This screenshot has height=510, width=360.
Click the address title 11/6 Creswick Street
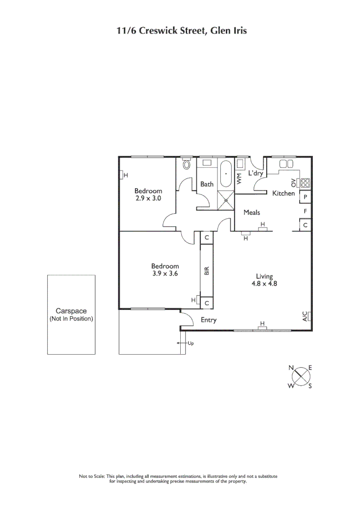(182, 31)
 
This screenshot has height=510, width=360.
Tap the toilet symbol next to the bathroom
(186, 165)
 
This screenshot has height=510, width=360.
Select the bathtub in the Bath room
(226, 175)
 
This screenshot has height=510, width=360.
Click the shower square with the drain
(226, 199)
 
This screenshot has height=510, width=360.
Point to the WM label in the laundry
(239, 178)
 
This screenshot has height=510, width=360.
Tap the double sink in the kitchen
(286, 164)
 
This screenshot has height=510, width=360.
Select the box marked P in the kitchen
(306, 197)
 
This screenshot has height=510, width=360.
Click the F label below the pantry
(306, 211)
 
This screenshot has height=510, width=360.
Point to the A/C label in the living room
(305, 316)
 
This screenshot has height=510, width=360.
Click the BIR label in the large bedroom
(206, 270)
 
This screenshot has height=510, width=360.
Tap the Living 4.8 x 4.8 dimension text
(264, 280)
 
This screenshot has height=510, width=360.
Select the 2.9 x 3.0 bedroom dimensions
(148, 199)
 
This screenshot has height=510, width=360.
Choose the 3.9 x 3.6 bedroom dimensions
(165, 273)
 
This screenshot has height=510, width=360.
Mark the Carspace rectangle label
(71, 314)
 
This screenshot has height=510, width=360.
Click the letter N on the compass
(292, 367)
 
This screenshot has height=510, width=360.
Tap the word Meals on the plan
(251, 212)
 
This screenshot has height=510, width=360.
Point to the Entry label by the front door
(209, 320)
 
